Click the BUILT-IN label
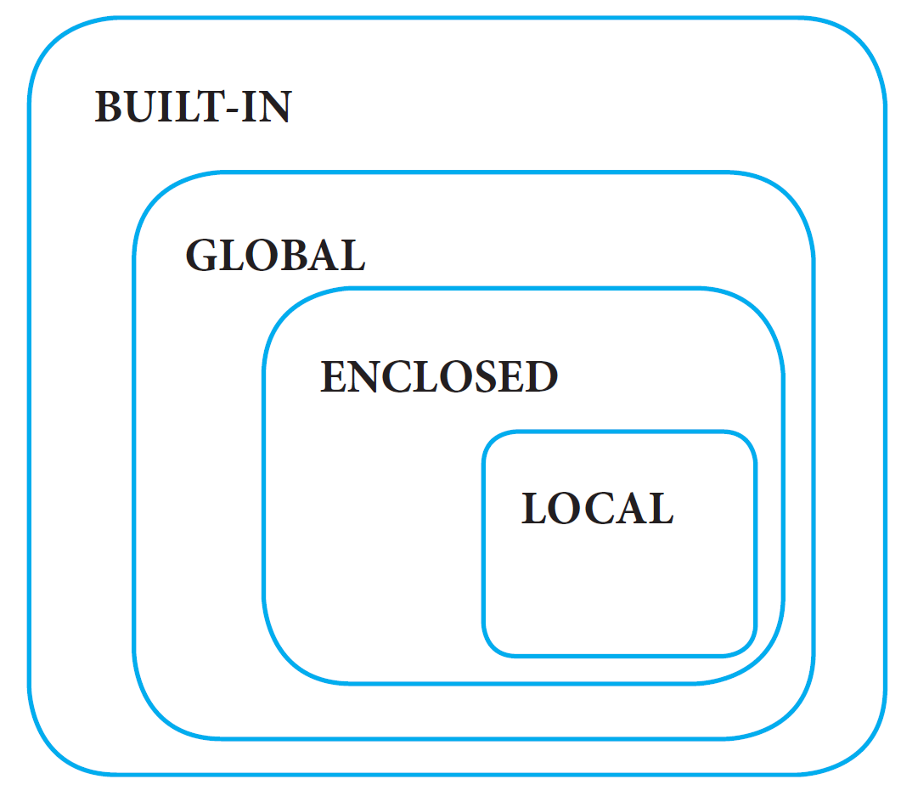[x=193, y=108]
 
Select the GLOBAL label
[x=275, y=255]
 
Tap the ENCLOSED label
[x=438, y=377]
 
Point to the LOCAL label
[x=597, y=509]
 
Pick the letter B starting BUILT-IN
[x=109, y=108]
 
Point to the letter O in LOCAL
[x=566, y=509]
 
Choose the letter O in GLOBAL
[x=255, y=255]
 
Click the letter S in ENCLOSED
[x=491, y=377]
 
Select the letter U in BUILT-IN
[x=142, y=108]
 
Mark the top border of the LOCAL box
[x=619, y=432]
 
